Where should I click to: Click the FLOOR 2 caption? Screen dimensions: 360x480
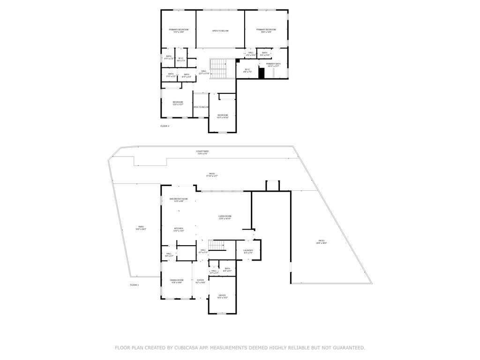[x=165, y=126]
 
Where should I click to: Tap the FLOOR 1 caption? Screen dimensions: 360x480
[x=135, y=285]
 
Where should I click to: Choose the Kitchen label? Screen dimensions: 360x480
[x=179, y=229]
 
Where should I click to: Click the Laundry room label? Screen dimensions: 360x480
[x=248, y=251]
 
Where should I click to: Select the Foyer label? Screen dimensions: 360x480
[x=200, y=281]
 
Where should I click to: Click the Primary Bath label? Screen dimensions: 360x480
[x=273, y=65]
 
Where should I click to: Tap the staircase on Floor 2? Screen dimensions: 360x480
[x=218, y=69]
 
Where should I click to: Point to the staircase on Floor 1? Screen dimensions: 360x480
[x=216, y=245]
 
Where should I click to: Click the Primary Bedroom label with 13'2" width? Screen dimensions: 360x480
[x=178, y=30]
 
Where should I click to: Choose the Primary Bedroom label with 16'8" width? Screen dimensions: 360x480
[x=266, y=30]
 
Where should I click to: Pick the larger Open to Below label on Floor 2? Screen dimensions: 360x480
[x=220, y=31]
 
